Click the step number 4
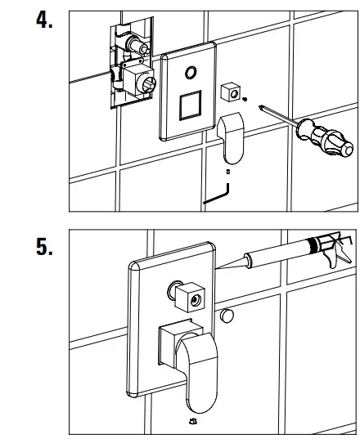click(44, 20)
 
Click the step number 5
click(44, 247)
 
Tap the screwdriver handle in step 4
click(325, 137)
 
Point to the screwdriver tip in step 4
click(260, 107)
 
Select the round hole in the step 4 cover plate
click(191, 73)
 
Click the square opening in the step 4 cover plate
click(191, 105)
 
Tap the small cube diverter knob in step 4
click(231, 92)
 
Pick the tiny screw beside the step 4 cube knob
click(245, 99)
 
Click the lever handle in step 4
click(231, 138)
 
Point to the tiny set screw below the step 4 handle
click(228, 172)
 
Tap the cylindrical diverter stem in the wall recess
click(137, 45)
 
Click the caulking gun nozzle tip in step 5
click(217, 268)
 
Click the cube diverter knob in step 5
click(190, 298)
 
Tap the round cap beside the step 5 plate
click(227, 316)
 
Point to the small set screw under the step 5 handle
click(194, 421)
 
